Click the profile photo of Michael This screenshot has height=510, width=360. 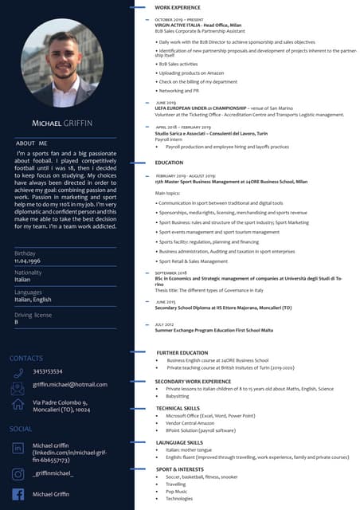point(66,64)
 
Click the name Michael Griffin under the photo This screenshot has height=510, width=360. point(65,124)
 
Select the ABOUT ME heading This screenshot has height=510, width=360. point(32,143)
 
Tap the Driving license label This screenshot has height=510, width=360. point(34,314)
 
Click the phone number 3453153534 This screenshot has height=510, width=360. point(48,371)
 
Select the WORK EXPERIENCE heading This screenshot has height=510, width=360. point(178,6)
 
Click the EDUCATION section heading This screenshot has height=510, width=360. point(169,163)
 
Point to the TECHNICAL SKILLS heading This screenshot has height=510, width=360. point(178,408)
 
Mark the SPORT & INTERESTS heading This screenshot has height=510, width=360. point(180,469)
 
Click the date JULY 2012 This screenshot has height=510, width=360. point(165,324)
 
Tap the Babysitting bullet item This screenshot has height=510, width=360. point(178,396)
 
